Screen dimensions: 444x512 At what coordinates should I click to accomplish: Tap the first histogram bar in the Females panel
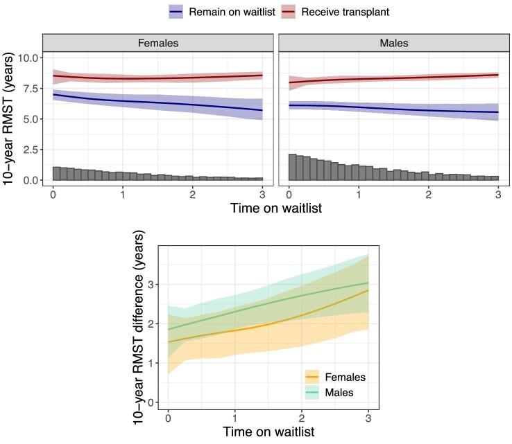(57, 173)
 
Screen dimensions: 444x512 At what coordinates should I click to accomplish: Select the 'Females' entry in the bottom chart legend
(340, 378)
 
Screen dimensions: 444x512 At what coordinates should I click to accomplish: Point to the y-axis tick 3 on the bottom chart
(152, 285)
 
